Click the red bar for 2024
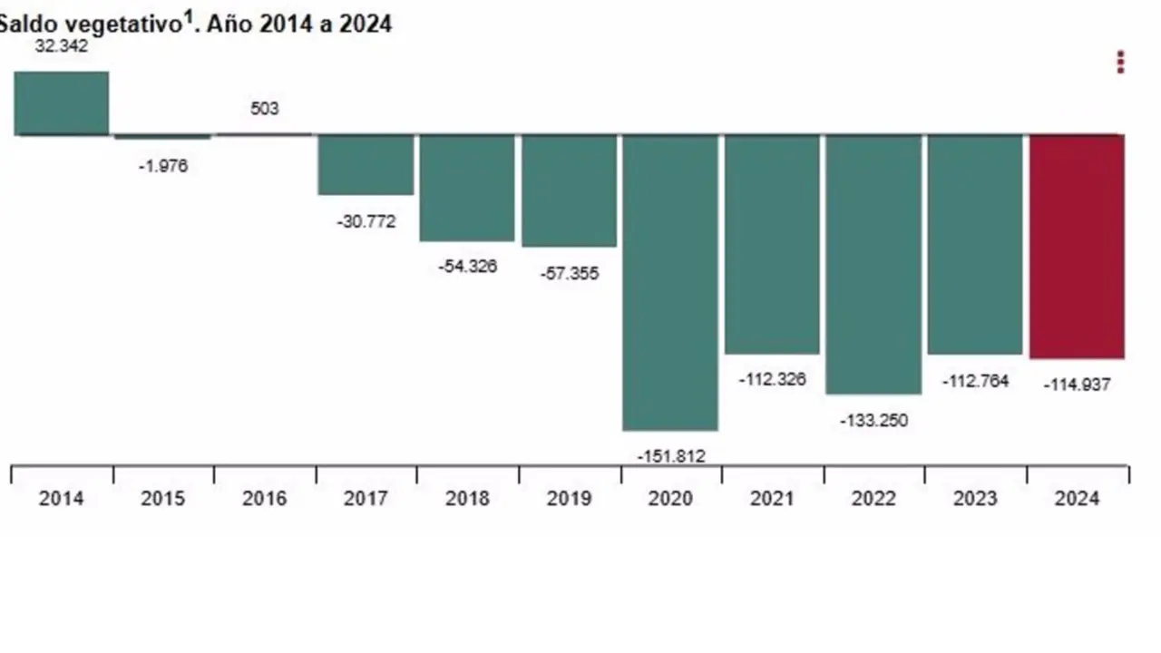(1077, 246)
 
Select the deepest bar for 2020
(670, 282)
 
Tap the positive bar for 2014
(62, 102)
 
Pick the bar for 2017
(366, 164)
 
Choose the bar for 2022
(873, 264)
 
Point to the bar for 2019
(569, 190)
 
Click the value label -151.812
(670, 456)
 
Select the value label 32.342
(62, 46)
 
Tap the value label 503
(264, 109)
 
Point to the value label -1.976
(163, 166)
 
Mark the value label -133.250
(873, 421)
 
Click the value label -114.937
(1077, 385)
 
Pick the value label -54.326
(467, 267)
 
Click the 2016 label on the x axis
(264, 498)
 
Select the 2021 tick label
(773, 498)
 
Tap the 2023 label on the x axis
(975, 498)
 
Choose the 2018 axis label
(467, 498)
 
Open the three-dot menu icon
(1121, 62)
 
